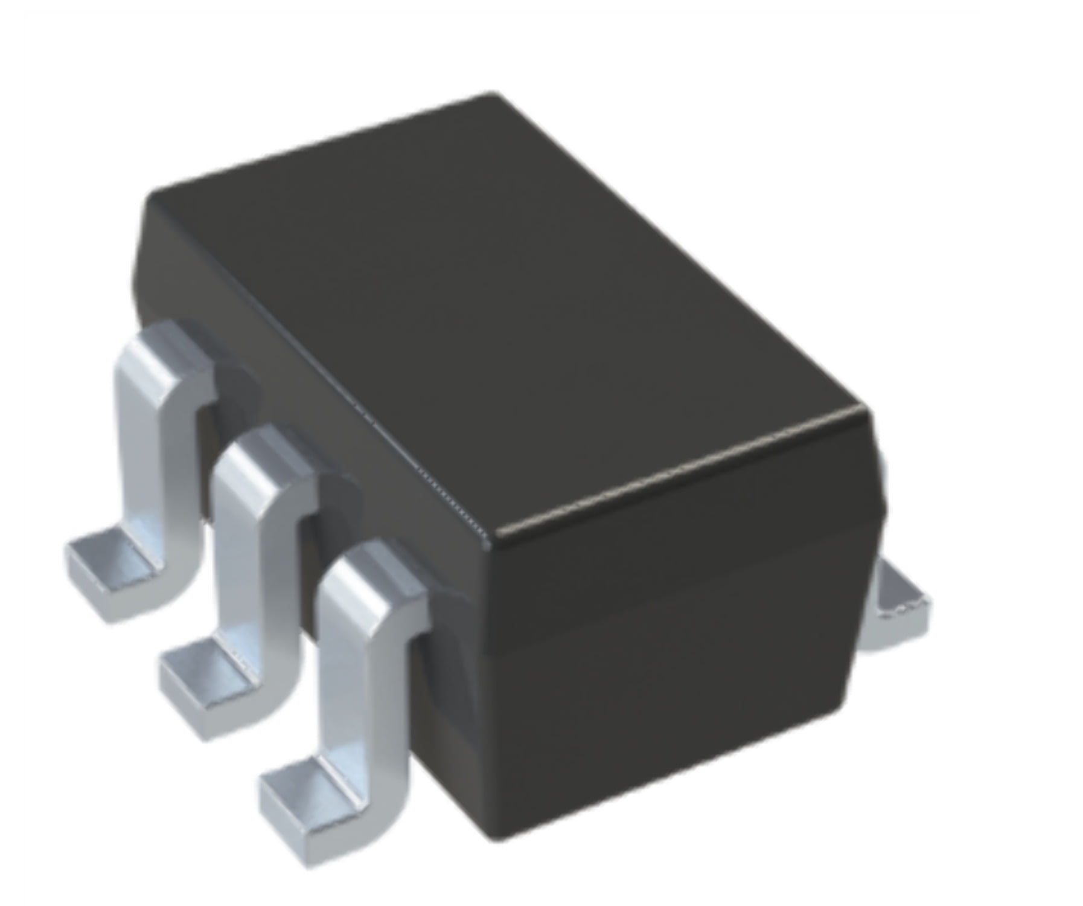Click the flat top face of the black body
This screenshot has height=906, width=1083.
[x=495, y=302]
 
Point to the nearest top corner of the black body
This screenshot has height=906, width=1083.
[x=494, y=535]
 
